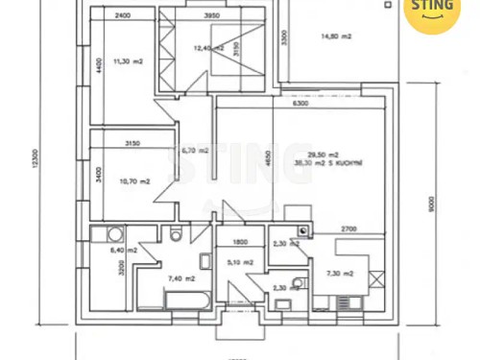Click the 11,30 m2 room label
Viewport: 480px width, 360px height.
pos(128,60)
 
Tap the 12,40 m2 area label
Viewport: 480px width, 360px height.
pos(206,48)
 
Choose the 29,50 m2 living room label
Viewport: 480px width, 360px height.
pos(323,155)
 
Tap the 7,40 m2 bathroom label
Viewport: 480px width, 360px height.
pos(181,278)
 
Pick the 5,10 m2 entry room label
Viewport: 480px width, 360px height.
pos(241,262)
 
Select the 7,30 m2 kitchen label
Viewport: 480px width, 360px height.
pos(340,274)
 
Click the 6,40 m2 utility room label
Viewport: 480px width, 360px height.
pos(124,250)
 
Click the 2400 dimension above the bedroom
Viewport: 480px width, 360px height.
pos(122,16)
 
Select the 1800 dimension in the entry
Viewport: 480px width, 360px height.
pos(241,241)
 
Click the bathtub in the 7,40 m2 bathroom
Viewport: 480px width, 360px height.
pos(187,301)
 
